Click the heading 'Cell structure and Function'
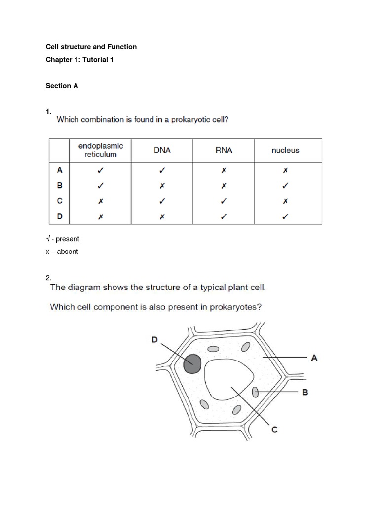point(91,47)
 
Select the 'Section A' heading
point(62,86)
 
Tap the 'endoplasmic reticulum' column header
point(101,150)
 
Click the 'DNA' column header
point(162,150)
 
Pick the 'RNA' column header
point(224,150)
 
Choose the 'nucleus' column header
point(285,150)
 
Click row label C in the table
point(60,201)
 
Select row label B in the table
point(60,185)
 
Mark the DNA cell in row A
point(162,170)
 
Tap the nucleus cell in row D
point(285,216)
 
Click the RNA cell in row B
point(224,185)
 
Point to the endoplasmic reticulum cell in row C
point(101,201)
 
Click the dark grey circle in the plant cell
point(192,364)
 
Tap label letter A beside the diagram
point(314,358)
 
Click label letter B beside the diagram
point(304,392)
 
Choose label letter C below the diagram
point(274,429)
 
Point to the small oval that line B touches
point(255,392)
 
